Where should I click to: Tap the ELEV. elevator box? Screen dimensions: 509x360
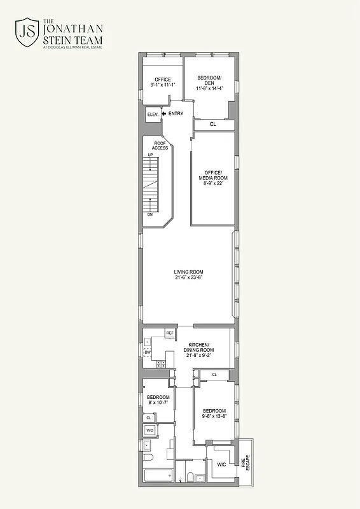coord(153,115)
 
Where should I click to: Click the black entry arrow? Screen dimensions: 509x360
coord(164,114)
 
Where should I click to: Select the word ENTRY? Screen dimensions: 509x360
coord(176,114)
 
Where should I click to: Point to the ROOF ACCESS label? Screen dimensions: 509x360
coord(160,146)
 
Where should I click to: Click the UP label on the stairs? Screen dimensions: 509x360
coord(150,156)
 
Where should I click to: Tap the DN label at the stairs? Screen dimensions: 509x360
coord(150,214)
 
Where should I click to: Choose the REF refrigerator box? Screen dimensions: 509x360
coord(170,333)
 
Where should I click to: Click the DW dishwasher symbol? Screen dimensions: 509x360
coord(148,352)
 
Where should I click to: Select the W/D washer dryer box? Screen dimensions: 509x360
coord(150,431)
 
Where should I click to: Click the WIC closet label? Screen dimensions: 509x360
coord(221,465)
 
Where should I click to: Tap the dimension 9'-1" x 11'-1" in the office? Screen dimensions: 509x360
coord(163,85)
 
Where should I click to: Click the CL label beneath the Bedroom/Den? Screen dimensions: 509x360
coord(213,124)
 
